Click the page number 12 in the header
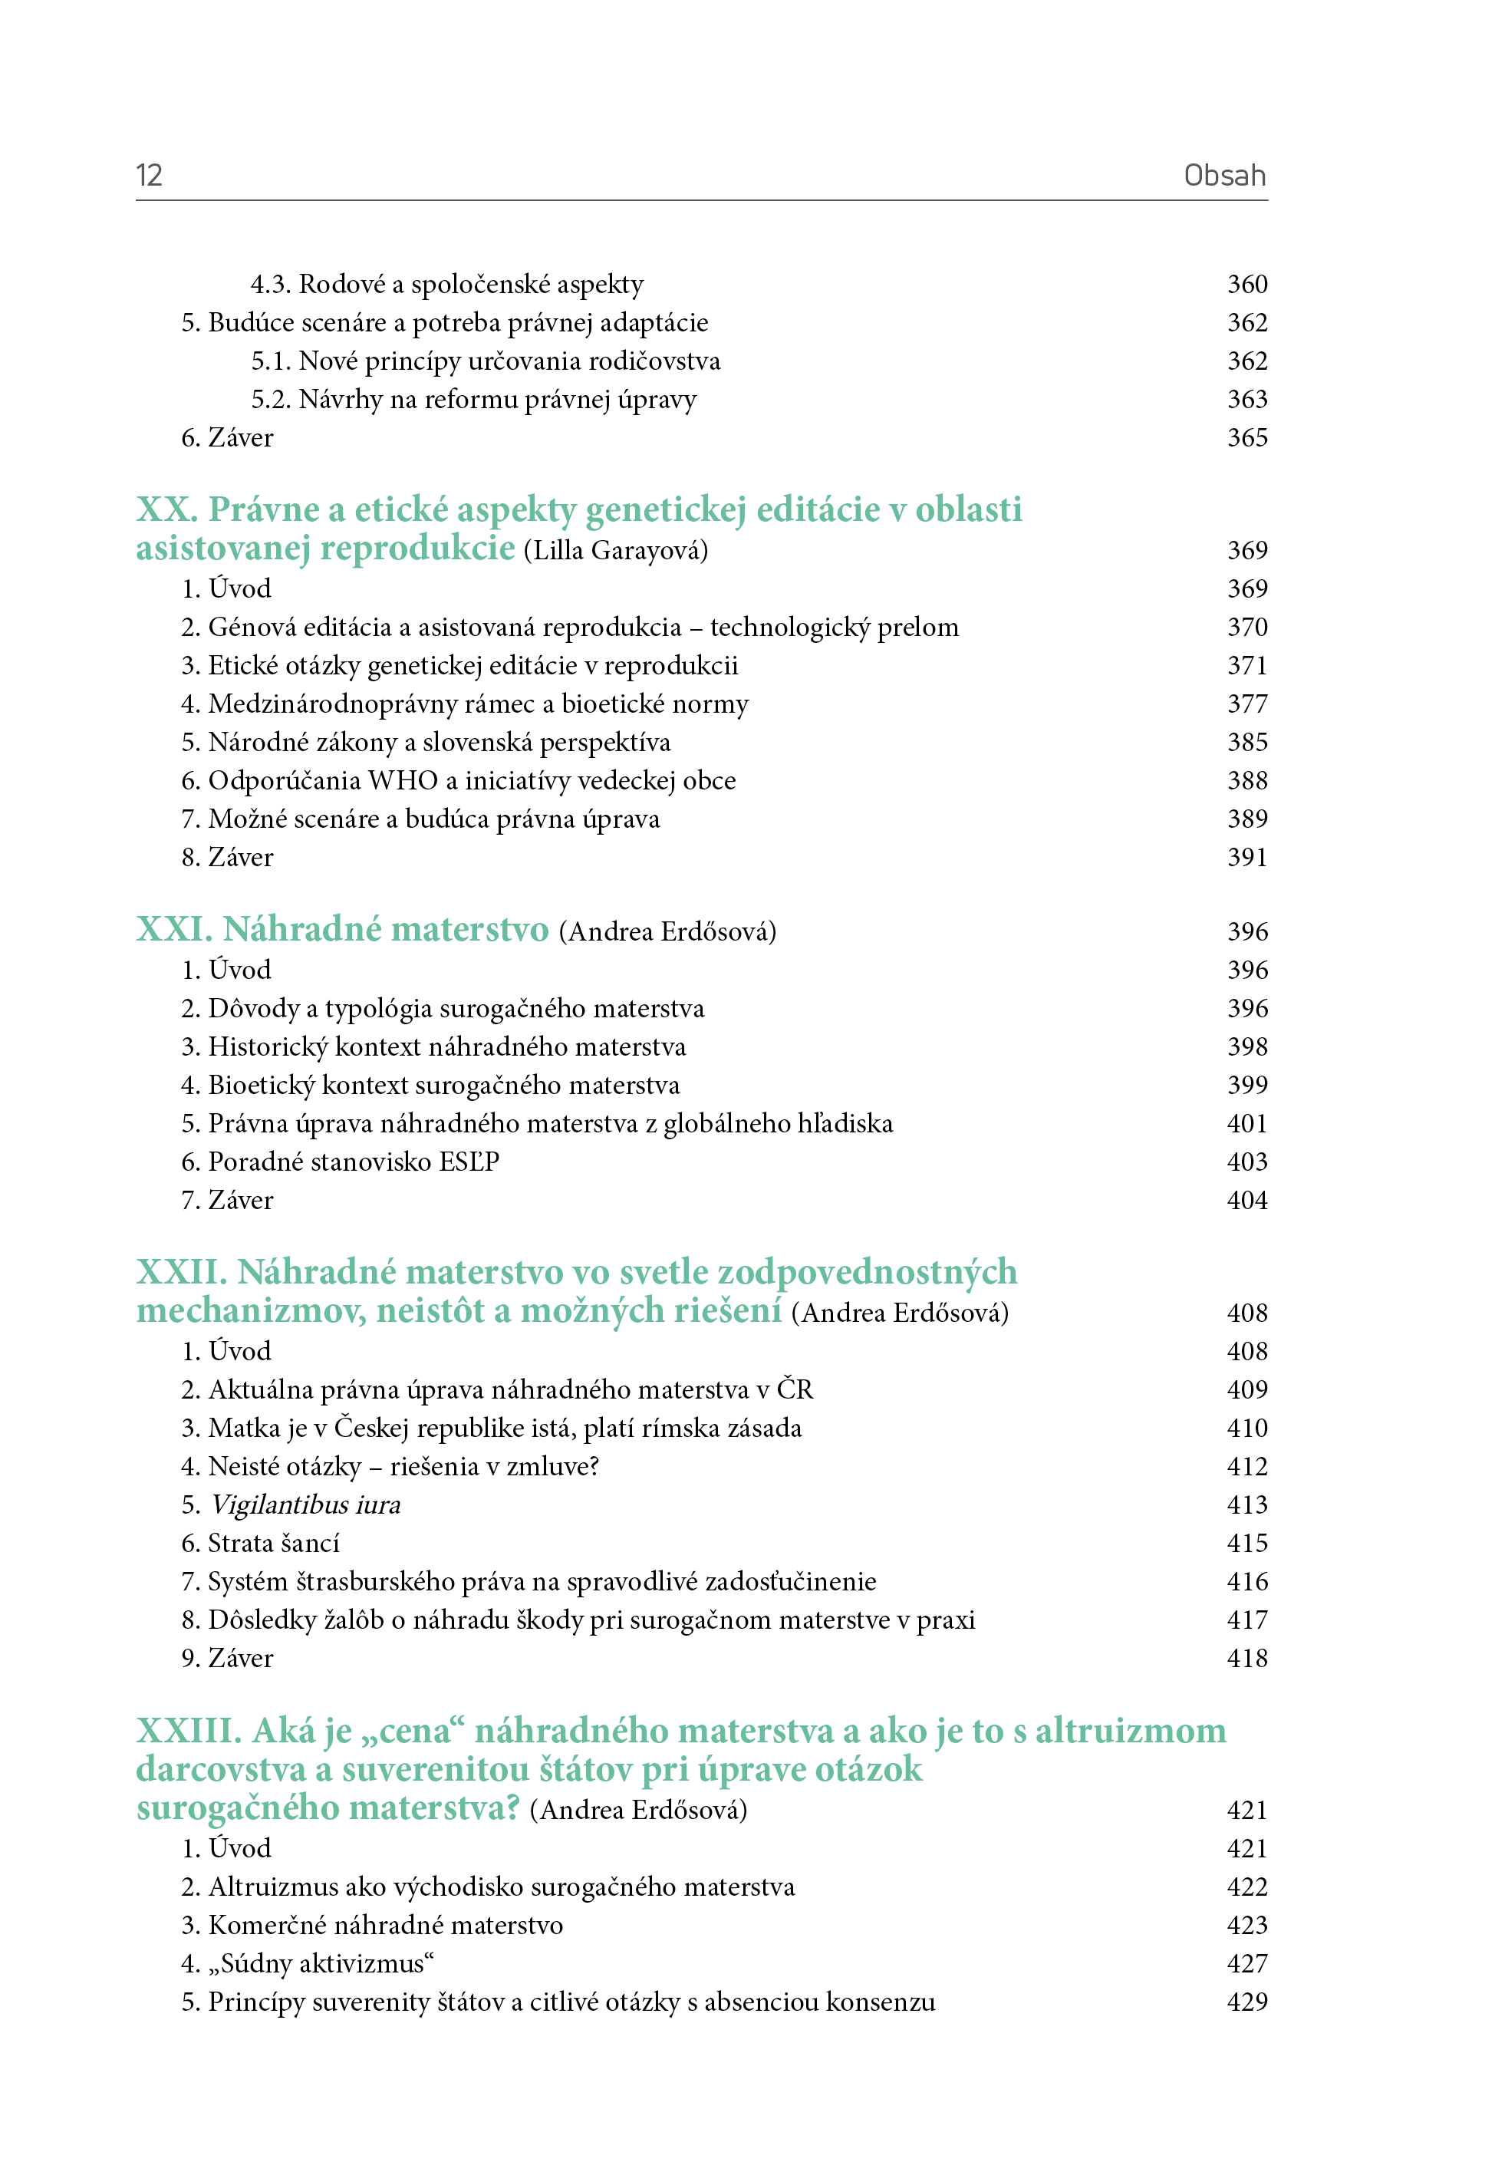click(149, 175)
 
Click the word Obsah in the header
click(1224, 175)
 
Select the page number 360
click(1246, 284)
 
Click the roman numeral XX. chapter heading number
click(166, 509)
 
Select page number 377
click(1246, 704)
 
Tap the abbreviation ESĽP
click(466, 1162)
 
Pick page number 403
click(1246, 1162)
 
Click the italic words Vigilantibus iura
click(305, 1504)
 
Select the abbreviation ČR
click(795, 1389)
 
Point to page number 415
click(1246, 1543)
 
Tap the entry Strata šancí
click(274, 1543)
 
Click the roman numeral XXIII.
click(188, 1731)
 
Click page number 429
click(1246, 2002)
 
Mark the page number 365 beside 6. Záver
click(1246, 437)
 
